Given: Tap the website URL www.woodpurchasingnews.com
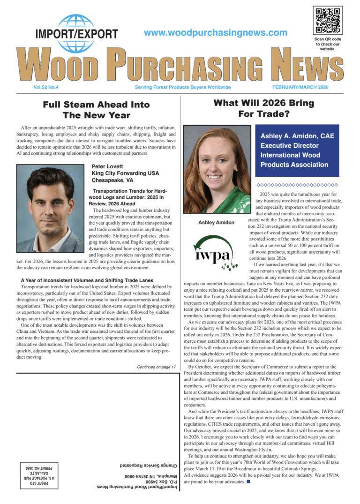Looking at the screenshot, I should pyautogui.click(x=216, y=32).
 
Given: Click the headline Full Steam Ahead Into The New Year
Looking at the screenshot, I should pyautogui.click(x=96, y=110).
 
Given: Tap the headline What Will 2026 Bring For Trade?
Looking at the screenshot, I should pyautogui.click(x=264, y=108).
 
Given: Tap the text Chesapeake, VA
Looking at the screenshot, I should pyautogui.click(x=112, y=180).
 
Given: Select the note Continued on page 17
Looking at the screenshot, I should pyautogui.click(x=157, y=367).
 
